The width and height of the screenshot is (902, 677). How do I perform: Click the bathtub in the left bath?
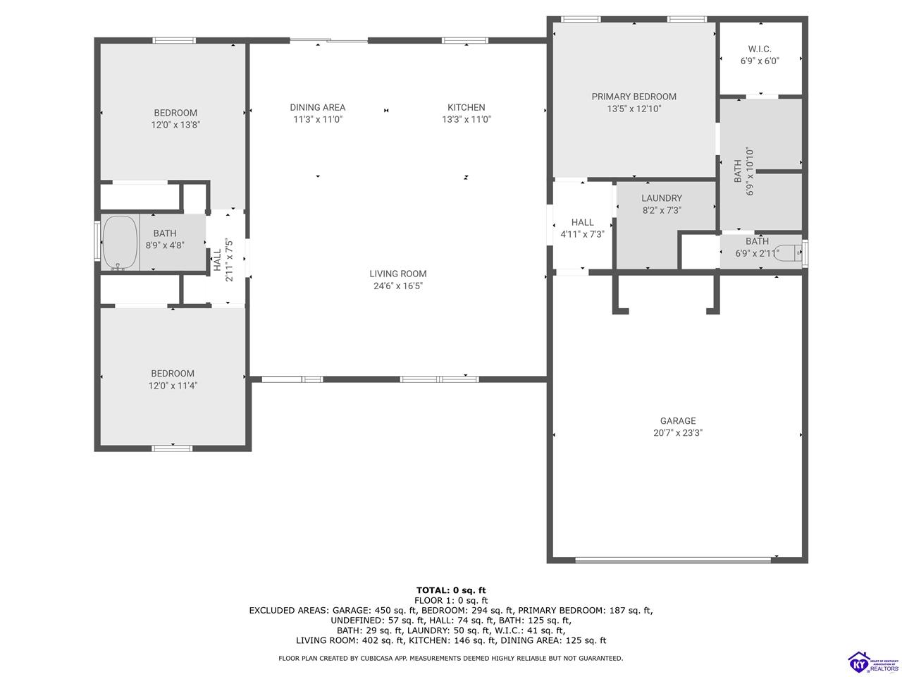121,243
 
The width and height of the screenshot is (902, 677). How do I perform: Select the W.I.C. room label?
759,49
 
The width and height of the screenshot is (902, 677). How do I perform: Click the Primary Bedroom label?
634,97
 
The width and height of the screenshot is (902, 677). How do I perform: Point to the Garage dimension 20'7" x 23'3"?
677,433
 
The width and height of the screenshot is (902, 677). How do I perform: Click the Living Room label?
398,274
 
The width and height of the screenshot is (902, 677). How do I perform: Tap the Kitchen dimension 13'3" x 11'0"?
466,119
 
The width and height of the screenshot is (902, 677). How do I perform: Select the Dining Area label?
317,107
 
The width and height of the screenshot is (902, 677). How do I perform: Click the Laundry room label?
661,198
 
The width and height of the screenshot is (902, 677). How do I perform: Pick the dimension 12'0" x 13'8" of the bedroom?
175,125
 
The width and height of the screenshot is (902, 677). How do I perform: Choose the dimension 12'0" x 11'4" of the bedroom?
172,385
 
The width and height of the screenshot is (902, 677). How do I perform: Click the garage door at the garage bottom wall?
673,561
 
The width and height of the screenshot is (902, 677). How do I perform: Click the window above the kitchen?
464,41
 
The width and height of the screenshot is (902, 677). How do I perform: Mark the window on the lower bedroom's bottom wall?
172,448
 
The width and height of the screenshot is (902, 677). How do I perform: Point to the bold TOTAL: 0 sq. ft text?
451,590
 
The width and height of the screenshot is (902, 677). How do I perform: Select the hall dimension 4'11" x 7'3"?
582,233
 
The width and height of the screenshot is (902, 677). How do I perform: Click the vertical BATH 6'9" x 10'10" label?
743,171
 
